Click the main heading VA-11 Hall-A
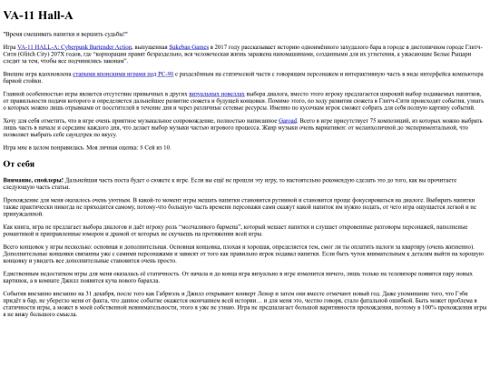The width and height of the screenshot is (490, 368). (39, 15)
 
